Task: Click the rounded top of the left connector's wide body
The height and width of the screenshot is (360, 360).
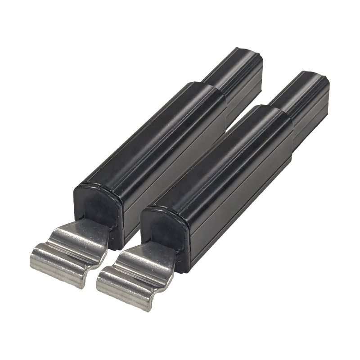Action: [x=148, y=130]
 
